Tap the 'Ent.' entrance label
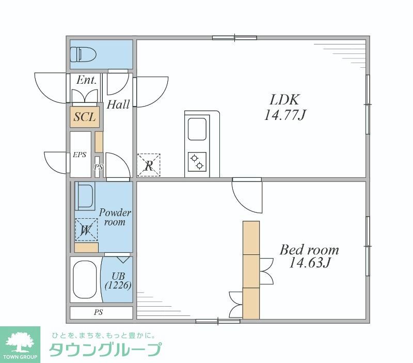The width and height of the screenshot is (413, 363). tap(86, 80)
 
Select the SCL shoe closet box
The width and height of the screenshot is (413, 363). tap(84, 117)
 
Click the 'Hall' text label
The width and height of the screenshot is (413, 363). tap(118, 104)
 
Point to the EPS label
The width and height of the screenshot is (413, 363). tap(80, 155)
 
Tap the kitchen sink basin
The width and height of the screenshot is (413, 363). tap(197, 129)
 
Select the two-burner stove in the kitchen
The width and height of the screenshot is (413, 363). tap(197, 161)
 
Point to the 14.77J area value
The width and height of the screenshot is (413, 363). tap(285, 115)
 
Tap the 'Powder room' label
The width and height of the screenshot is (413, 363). tap(115, 217)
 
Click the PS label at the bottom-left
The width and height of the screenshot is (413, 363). tap(98, 312)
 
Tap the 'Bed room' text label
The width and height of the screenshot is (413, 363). tap(309, 250)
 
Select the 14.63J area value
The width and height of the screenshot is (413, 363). tap(309, 264)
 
